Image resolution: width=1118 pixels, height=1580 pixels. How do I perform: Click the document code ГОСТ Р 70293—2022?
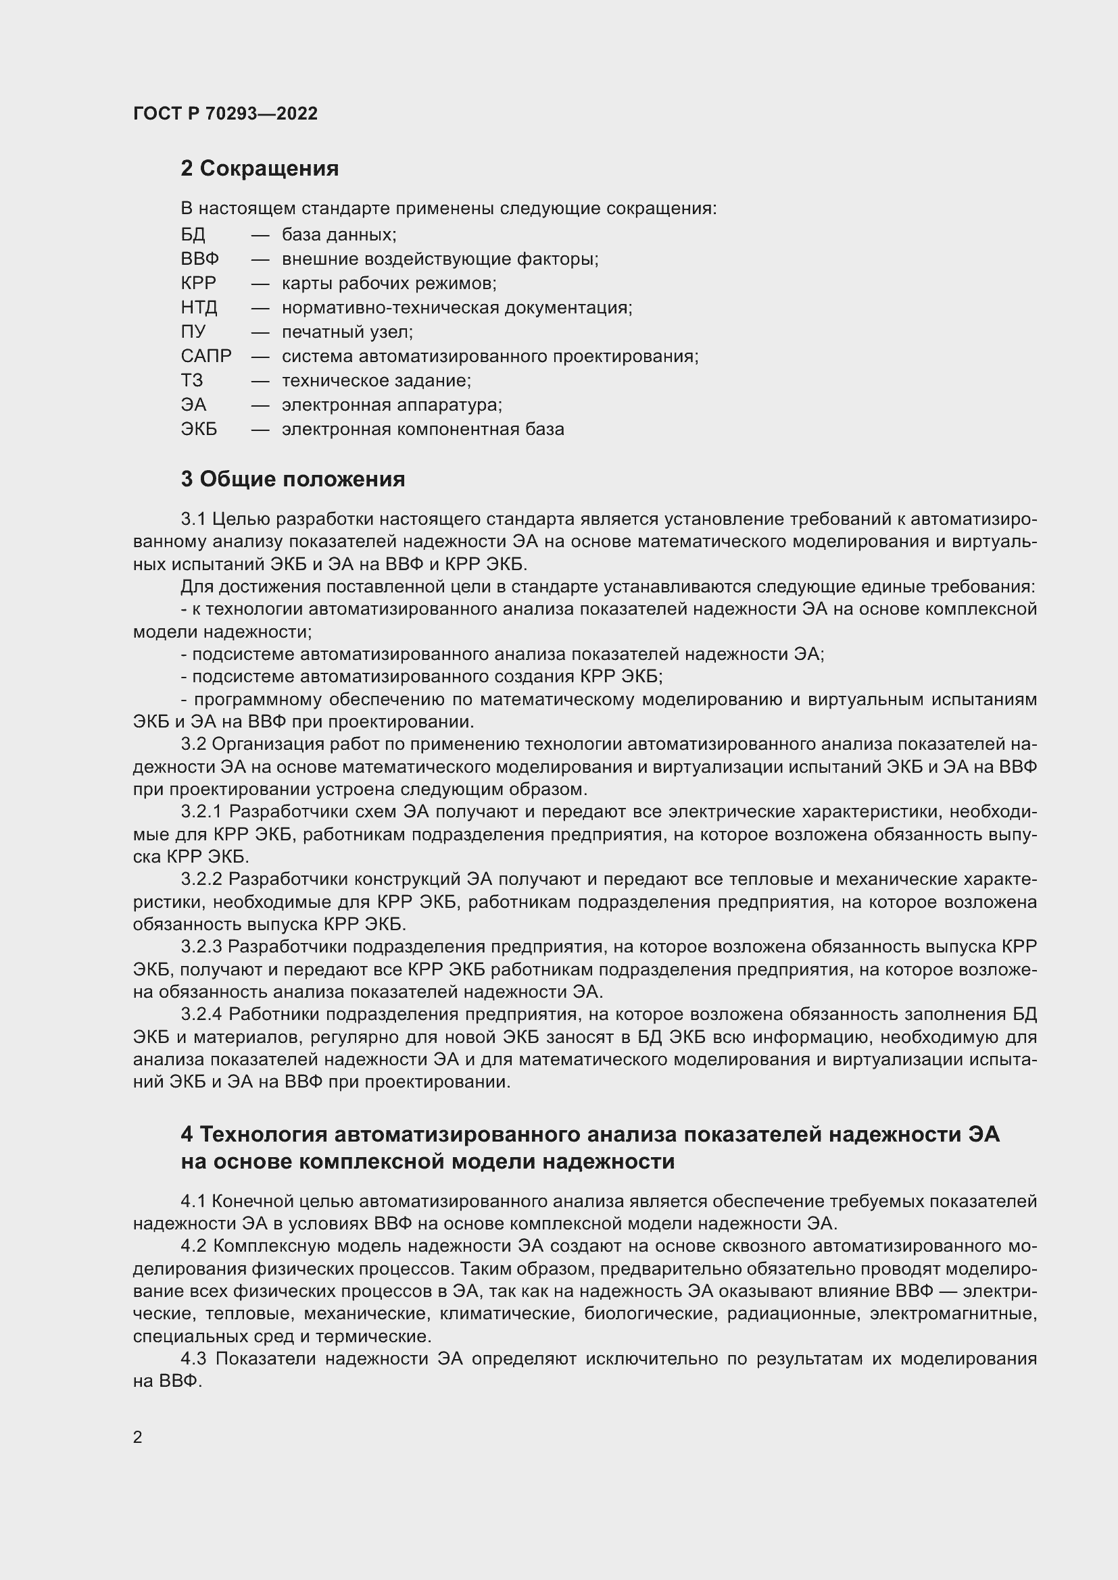click(225, 113)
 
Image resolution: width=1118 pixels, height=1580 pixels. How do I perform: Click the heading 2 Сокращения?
click(260, 169)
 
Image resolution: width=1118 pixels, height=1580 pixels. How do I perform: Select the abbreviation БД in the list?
click(193, 235)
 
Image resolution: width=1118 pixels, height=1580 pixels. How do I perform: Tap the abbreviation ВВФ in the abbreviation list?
click(199, 259)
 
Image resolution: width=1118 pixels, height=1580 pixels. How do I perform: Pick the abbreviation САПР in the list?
click(206, 357)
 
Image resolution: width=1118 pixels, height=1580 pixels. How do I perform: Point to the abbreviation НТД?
click(199, 307)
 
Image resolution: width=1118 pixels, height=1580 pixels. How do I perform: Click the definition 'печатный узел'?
click(347, 332)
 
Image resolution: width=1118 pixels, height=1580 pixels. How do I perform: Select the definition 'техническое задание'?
click(376, 380)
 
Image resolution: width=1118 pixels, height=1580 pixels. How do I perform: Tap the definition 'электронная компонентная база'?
click(422, 430)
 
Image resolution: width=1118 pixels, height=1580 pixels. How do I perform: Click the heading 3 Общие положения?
click(293, 479)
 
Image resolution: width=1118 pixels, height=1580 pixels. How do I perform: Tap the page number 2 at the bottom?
click(138, 1437)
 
